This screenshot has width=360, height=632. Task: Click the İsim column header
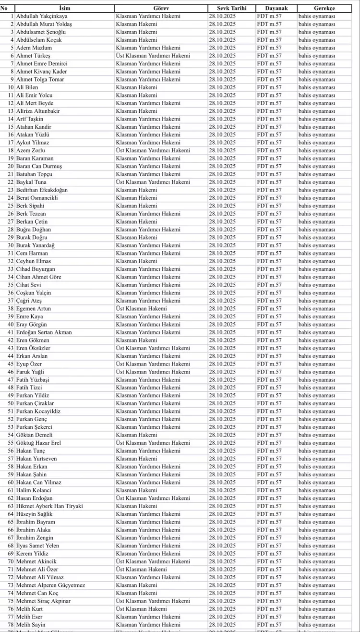click(x=64, y=9)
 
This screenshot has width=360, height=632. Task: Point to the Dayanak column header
click(x=276, y=9)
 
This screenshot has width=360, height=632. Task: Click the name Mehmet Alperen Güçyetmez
click(x=50, y=585)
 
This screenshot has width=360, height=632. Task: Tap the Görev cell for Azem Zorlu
click(x=153, y=151)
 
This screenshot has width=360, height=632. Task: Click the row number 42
click(x=10, y=340)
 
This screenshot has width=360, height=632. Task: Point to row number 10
click(x=10, y=87)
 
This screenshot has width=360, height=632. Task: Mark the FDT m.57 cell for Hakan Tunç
click(x=269, y=451)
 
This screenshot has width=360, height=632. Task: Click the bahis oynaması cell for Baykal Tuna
click(x=317, y=182)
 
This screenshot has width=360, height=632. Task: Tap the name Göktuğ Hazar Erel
click(x=38, y=443)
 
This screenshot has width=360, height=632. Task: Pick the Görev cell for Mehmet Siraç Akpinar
click(x=153, y=601)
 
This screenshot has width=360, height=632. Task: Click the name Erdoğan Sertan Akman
click(x=44, y=332)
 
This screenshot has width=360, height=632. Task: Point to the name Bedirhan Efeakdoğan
click(x=42, y=190)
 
